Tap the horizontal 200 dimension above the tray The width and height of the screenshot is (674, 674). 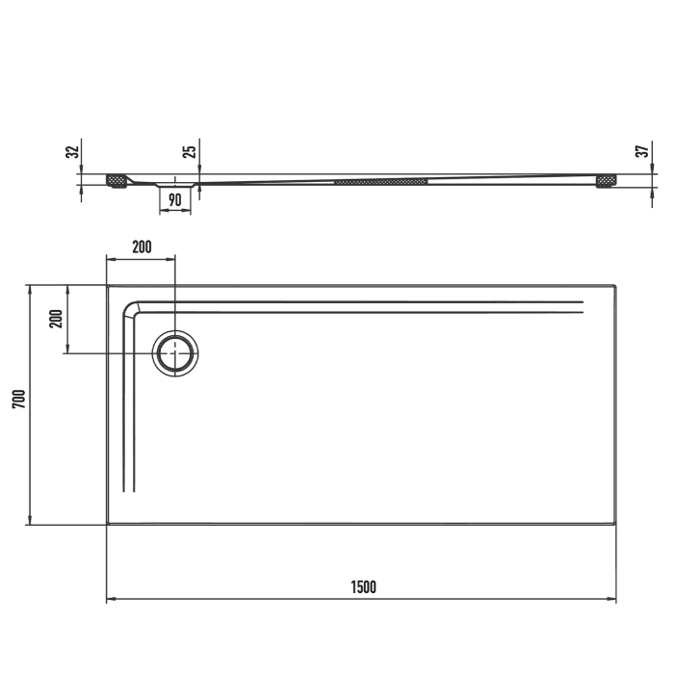pos(141,247)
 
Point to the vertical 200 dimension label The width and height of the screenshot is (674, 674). pos(55,319)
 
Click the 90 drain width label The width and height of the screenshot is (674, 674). pos(174,200)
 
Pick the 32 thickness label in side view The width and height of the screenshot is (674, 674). pos(70,152)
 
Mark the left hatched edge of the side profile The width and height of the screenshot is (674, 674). pos(117,180)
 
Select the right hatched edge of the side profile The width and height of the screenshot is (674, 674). pos(608,180)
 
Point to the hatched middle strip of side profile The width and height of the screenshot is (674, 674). pos(380,180)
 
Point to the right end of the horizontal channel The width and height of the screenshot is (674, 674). pos(583,307)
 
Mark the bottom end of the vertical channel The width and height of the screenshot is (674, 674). pos(129,490)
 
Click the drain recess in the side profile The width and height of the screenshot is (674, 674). pos(174,181)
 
